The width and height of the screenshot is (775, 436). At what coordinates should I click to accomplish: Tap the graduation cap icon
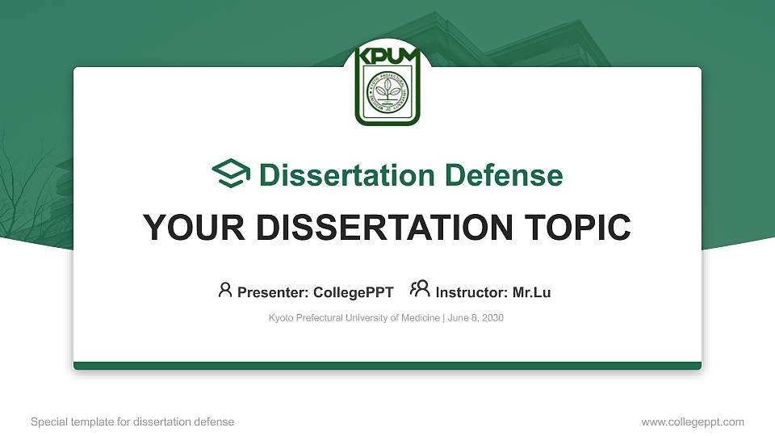tap(231, 174)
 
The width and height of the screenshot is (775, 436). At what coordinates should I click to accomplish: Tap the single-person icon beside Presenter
tap(225, 290)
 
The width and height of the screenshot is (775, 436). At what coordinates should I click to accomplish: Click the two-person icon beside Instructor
tap(420, 289)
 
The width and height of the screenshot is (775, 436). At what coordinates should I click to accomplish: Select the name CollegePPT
tap(355, 292)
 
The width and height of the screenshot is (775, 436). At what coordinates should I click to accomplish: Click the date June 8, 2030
tap(475, 318)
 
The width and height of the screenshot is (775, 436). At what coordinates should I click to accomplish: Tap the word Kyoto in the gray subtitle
tap(281, 318)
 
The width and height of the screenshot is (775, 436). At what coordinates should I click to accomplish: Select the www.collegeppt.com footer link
tap(693, 421)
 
